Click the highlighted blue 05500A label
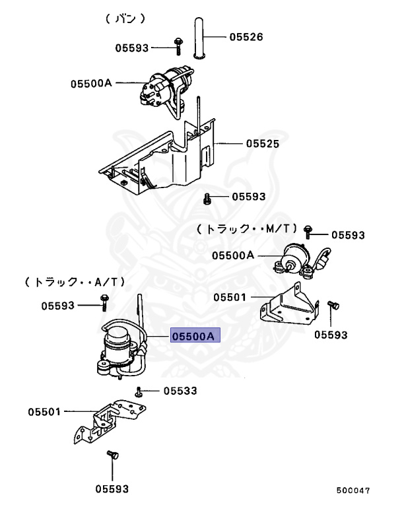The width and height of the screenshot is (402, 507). click(x=193, y=337)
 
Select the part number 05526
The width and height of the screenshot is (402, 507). click(x=246, y=37)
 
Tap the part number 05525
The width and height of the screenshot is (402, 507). click(x=263, y=143)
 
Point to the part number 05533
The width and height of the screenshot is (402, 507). click(x=180, y=391)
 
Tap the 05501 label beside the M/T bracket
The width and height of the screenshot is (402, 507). click(x=229, y=298)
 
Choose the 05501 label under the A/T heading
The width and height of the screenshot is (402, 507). click(x=44, y=412)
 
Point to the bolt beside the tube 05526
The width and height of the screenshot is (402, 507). click(x=178, y=46)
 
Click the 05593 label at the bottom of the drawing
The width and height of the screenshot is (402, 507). click(x=112, y=489)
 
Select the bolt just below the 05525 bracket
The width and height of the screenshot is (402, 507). click(x=207, y=197)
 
